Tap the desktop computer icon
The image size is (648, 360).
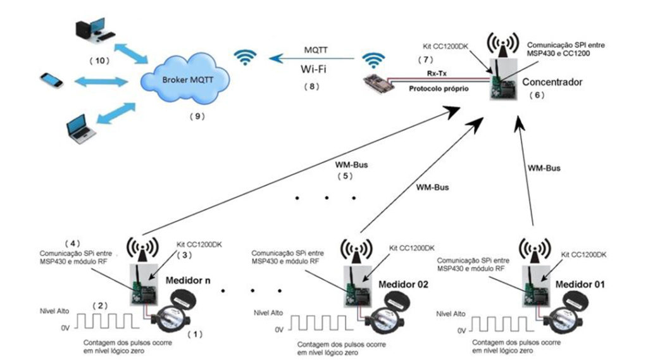[x=95, y=30]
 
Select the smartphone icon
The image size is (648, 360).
[x=52, y=80]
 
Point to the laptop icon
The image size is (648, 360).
[x=82, y=129]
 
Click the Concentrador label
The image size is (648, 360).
[x=552, y=82]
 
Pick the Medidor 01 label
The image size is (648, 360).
[x=580, y=284]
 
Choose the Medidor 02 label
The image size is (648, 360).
[x=403, y=284]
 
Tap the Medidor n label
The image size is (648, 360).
[x=188, y=281]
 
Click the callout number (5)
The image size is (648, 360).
[x=345, y=176]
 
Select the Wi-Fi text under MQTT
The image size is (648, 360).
[x=313, y=69]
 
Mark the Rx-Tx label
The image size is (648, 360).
[x=437, y=73]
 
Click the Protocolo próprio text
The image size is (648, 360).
[x=439, y=89]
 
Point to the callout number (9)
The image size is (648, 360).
[x=197, y=116]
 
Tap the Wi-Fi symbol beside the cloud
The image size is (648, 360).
[x=245, y=58]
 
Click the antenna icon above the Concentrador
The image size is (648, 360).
[x=502, y=44]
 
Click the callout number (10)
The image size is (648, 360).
[x=99, y=61]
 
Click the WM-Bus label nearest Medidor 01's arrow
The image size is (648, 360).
[x=544, y=168]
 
